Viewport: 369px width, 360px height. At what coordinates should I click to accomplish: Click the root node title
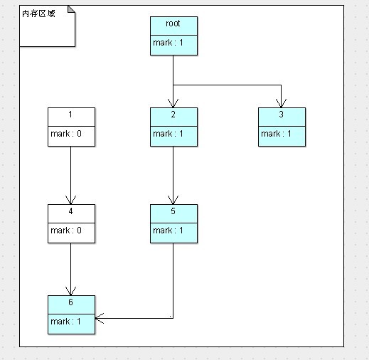point(173,23)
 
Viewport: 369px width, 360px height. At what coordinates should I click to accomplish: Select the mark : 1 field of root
point(173,43)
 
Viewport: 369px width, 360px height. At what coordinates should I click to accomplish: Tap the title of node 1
point(71,115)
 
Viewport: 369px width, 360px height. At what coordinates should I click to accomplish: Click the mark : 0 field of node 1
point(71,134)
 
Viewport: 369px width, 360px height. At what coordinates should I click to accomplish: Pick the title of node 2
point(173,115)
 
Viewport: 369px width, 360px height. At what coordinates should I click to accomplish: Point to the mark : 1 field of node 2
point(173,134)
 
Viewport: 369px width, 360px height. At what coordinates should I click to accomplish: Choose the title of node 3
point(282,115)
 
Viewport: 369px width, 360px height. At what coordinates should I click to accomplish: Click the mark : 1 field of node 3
point(282,134)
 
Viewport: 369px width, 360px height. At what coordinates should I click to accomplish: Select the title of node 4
point(71,211)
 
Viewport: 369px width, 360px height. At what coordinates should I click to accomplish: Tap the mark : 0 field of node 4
point(71,231)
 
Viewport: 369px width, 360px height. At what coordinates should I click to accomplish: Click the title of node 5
point(173,211)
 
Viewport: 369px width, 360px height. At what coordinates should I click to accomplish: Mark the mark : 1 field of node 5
point(173,231)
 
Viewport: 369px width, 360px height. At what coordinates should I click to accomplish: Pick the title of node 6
point(71,302)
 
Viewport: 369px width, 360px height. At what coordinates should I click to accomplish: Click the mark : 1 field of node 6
point(71,322)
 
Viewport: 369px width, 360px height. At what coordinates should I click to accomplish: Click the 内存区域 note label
point(38,14)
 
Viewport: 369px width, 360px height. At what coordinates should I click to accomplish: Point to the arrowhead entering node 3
point(282,103)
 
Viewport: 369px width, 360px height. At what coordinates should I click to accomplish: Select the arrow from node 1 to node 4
point(71,175)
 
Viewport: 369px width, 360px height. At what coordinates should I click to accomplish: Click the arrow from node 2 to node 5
point(173,175)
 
